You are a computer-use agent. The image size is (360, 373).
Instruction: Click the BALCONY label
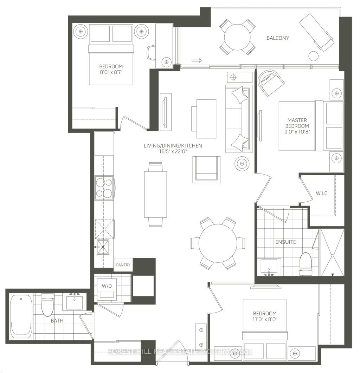[278, 38]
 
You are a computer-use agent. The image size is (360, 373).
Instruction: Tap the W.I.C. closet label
[322, 193]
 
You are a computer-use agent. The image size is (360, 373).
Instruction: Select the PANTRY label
[123, 265]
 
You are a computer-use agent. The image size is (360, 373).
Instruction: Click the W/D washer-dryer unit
[107, 289]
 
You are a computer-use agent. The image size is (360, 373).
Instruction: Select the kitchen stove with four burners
[104, 188]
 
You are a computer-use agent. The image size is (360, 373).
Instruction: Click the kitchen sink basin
[103, 247]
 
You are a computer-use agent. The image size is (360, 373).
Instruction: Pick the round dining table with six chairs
[218, 243]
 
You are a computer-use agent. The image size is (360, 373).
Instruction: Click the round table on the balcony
[237, 37]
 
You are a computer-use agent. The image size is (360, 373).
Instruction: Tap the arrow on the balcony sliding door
[197, 60]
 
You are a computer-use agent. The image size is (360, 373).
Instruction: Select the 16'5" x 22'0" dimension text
[173, 151]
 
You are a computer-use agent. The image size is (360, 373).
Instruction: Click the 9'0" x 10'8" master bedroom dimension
[297, 132]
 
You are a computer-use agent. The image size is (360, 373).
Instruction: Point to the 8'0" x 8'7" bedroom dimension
[111, 72]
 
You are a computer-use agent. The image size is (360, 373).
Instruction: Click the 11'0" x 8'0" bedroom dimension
[265, 319]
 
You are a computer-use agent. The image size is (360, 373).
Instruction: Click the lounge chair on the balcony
[316, 32]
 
